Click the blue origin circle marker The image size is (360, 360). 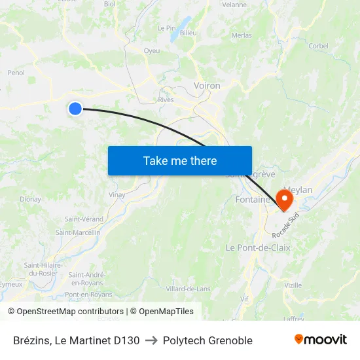[75, 109]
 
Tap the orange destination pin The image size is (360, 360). [285, 198]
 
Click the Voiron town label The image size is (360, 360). [207, 86]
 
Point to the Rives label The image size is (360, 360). [166, 100]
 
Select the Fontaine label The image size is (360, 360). [253, 200]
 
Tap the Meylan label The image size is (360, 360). [298, 190]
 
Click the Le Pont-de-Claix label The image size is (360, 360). [257, 248]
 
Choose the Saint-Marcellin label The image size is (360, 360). [78, 232]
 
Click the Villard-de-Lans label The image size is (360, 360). [188, 289]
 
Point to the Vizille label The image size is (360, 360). [293, 285]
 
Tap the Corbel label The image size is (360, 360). [318, 46]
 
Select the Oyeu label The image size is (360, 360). [151, 50]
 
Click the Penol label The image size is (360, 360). [16, 73]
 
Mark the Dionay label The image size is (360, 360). [30, 199]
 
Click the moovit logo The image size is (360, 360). [320, 340]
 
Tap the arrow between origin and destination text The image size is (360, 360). [151, 340]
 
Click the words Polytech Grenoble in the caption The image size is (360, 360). [207, 340]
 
